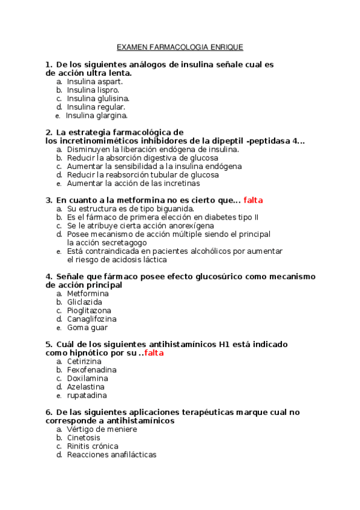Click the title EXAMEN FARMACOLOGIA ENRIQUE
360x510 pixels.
tap(180, 47)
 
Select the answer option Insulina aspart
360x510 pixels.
tap(95, 81)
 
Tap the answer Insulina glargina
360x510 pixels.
tap(97, 115)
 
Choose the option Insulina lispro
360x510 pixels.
tap(93, 90)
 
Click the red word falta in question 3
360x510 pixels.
tap(253, 200)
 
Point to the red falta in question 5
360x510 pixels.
tap(154, 353)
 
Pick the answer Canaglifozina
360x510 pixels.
tap(92, 319)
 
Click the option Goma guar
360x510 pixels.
tap(87, 328)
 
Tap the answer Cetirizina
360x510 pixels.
tap(84, 361)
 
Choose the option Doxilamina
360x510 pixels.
tap(87, 378)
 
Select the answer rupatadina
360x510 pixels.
tap(87, 396)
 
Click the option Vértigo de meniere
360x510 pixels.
tap(102, 429)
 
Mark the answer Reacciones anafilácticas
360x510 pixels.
tap(112, 455)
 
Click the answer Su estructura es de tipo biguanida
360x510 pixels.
tap(130, 209)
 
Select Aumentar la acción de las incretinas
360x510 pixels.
tap(133, 183)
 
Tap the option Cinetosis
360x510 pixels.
tap(84, 438)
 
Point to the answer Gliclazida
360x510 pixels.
tap(85, 302)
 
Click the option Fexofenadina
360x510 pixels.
tap(91, 370)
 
